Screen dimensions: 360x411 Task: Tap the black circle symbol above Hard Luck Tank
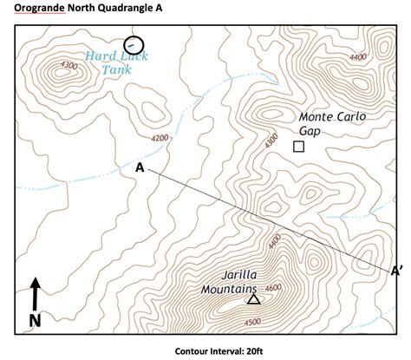(134, 44)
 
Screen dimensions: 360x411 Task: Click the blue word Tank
(115, 69)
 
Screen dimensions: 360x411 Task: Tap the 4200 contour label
(160, 138)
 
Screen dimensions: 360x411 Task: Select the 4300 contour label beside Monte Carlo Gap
(271, 139)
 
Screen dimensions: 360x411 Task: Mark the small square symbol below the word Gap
(299, 147)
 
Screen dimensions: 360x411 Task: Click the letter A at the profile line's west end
(140, 167)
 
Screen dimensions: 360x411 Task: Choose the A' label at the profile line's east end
(396, 271)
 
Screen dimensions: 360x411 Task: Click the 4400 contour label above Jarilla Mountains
(275, 242)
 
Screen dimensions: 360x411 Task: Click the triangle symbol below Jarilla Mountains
(253, 299)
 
